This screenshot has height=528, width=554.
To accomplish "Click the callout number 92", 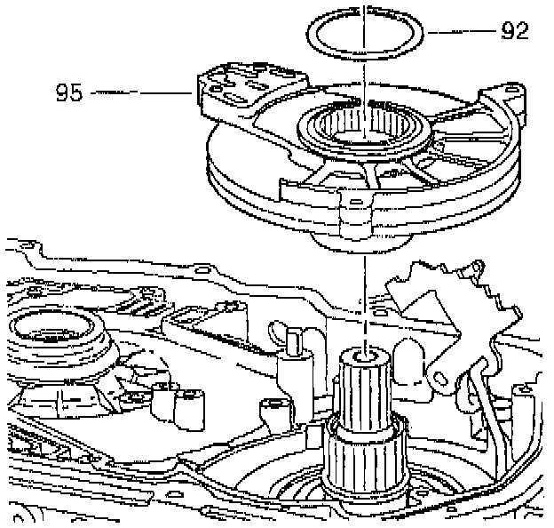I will point(514,31).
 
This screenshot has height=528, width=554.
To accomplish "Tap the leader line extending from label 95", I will point(142,91).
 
